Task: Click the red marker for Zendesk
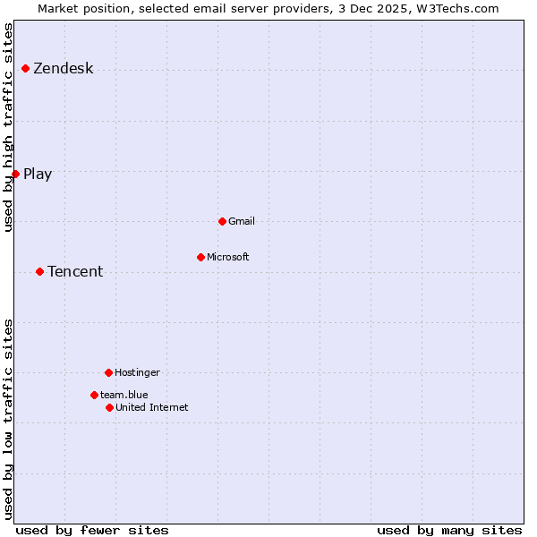click(25, 69)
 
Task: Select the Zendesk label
click(63, 69)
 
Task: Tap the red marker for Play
click(15, 174)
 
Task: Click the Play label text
click(38, 175)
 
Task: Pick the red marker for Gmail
click(222, 221)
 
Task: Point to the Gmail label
click(242, 221)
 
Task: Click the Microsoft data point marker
click(200, 257)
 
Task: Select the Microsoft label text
click(228, 257)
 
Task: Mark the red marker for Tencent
click(39, 271)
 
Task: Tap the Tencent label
click(75, 272)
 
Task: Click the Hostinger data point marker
click(108, 372)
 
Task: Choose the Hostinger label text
click(137, 372)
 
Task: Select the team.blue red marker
click(94, 395)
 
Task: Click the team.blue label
click(124, 395)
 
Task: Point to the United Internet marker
click(109, 407)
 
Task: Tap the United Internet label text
click(152, 407)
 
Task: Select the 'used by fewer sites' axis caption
click(92, 530)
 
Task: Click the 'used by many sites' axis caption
click(449, 530)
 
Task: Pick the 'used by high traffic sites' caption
click(9, 127)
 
